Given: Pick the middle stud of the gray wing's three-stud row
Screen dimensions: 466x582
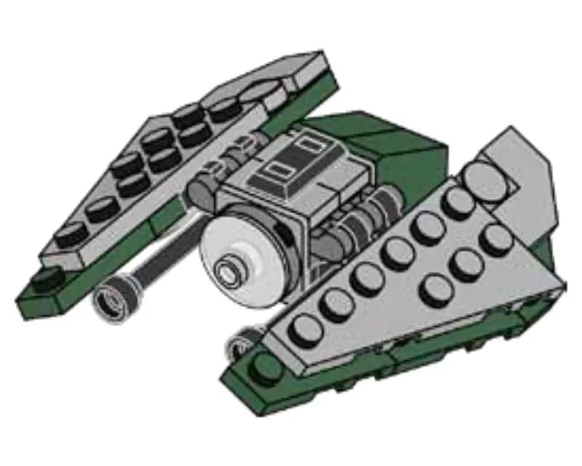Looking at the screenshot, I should [466, 266].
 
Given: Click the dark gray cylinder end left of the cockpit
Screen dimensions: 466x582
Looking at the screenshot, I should [197, 193].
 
